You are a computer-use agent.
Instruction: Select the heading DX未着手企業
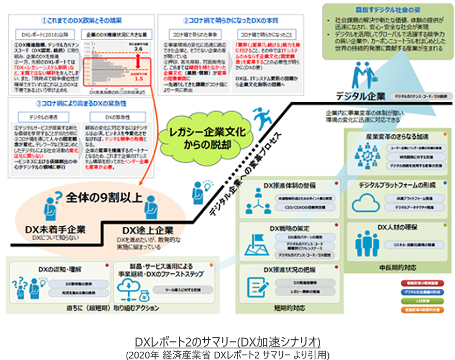click(x=55, y=229)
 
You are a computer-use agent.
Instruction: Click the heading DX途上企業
click(x=147, y=230)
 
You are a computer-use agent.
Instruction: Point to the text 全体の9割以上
click(x=98, y=196)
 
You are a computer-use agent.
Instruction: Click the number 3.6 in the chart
click(x=138, y=49)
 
